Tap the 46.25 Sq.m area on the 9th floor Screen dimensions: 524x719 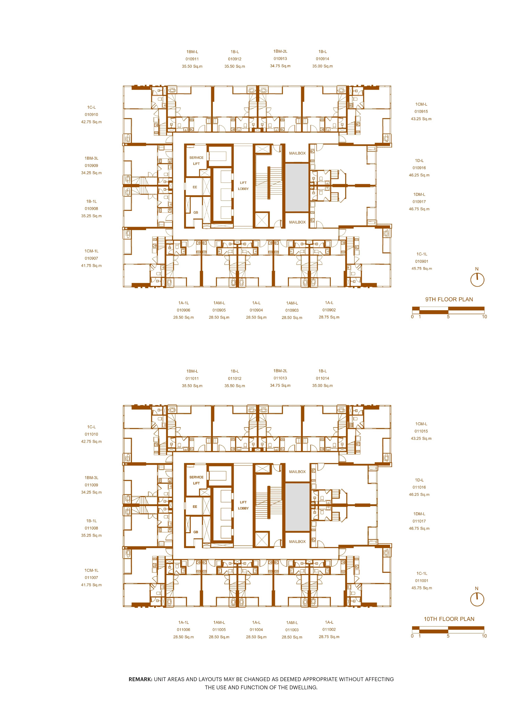419,175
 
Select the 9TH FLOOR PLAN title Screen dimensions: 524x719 449,299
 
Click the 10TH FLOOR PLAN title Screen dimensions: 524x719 449,619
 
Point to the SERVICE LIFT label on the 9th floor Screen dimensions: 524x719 196,161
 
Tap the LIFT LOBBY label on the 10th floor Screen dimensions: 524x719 243,505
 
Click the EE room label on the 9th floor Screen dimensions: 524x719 195,187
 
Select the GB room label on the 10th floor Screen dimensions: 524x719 196,532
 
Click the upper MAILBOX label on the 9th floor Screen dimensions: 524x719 297,153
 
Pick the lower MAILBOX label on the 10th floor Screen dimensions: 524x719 297,542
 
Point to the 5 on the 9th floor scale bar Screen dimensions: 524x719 448,317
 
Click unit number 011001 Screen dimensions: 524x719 421,581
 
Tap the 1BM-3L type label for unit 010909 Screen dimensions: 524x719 91,158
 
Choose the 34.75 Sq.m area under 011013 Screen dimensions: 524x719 280,386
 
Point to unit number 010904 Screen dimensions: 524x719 256,310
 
